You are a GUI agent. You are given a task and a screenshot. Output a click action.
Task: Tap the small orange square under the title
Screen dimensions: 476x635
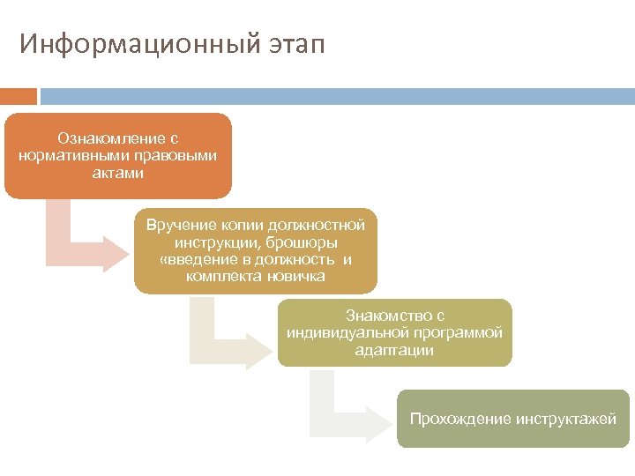(x=19, y=95)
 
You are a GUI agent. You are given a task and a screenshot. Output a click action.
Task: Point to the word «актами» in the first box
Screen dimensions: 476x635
(x=118, y=173)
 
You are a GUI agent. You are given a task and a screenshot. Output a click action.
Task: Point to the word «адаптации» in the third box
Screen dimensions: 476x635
(x=394, y=350)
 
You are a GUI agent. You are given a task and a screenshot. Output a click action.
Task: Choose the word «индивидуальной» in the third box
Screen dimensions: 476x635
(x=340, y=333)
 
